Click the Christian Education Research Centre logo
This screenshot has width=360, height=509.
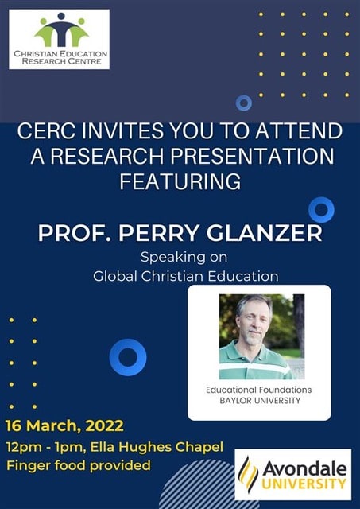coord(59,39)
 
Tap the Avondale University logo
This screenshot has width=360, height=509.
coord(293,474)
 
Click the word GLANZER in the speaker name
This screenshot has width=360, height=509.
coord(265,233)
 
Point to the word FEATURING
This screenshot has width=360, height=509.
coord(180,181)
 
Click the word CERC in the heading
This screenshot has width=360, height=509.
coord(47,130)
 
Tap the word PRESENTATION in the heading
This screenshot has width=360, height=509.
coord(252,156)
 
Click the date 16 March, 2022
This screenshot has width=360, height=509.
coord(64,425)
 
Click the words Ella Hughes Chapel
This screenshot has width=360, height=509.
coord(157,447)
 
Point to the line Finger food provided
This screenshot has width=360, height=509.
coord(79,465)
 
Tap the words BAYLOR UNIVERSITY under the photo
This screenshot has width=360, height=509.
coord(260,401)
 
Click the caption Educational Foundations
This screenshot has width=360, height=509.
coord(259,390)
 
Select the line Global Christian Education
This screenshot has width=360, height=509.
coord(186,276)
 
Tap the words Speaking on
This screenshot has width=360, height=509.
coord(184,258)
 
